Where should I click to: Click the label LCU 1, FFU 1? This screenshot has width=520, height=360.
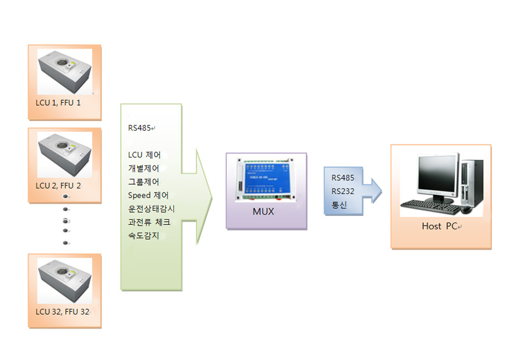(58, 103)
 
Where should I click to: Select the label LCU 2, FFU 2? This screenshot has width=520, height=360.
(58, 185)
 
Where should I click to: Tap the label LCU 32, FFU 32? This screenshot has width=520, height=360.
(62, 312)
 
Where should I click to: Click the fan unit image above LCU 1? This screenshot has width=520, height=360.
(64, 71)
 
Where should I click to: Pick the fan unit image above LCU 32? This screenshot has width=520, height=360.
(64, 280)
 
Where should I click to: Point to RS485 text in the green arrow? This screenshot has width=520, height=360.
(140, 128)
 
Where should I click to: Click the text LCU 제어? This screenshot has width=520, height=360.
(144, 155)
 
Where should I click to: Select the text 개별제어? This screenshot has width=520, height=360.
(143, 168)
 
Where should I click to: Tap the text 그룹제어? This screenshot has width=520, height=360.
(143, 182)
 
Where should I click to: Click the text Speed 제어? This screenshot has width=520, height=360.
(148, 196)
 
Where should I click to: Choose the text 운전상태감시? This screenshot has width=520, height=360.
(151, 209)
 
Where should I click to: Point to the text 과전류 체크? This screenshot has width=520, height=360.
(149, 222)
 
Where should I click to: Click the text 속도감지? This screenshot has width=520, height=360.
(143, 236)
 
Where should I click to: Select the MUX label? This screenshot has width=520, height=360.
(263, 212)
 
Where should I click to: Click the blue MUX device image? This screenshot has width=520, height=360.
(266, 180)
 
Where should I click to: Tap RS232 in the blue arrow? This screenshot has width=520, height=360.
(343, 191)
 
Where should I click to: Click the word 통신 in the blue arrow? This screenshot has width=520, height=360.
(339, 205)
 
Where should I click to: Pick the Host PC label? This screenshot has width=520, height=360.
(440, 226)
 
